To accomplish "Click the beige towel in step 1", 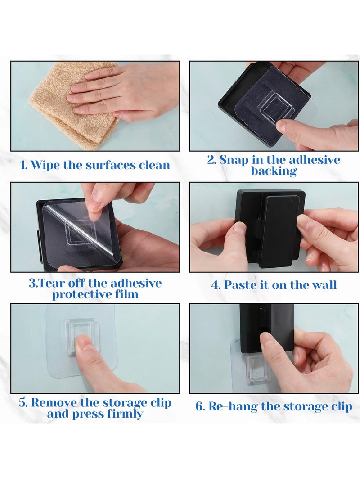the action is pyautogui.click(x=63, y=113).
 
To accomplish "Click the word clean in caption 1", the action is pyautogui.click(x=154, y=165).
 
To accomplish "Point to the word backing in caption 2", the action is pyautogui.click(x=274, y=171).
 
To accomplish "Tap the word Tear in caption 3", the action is pyautogui.click(x=53, y=284).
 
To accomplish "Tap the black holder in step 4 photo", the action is pyautogui.click(x=270, y=228).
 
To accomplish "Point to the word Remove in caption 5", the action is pyautogui.click(x=54, y=403).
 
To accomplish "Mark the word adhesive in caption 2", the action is pyautogui.click(x=314, y=160).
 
